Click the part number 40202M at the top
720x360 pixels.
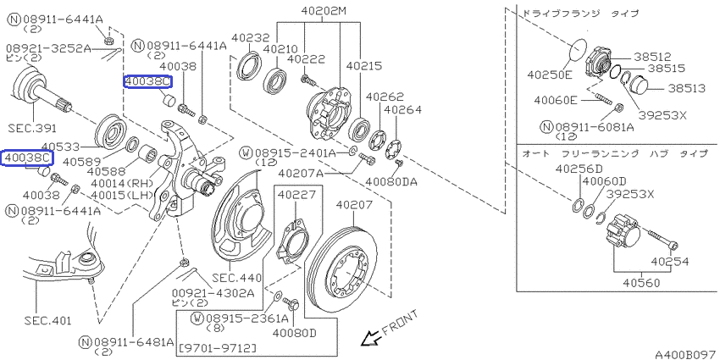(324, 10)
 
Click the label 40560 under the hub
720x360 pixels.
(641, 283)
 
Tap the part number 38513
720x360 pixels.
(686, 88)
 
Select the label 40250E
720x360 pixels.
(550, 74)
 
